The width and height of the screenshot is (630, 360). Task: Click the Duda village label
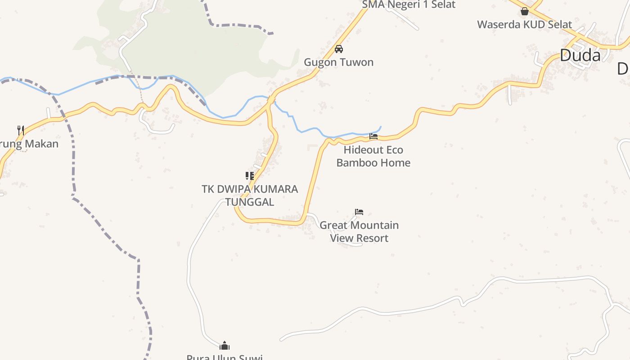(580, 55)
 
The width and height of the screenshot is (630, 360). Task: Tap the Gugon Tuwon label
(338, 62)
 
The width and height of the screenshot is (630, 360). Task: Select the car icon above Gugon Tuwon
(339, 49)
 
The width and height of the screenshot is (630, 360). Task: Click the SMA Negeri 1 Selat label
(409, 5)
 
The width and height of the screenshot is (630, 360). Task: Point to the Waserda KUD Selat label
(524, 24)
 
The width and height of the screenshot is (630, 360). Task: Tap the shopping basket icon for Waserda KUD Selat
(525, 11)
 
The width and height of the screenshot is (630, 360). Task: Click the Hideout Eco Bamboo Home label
(373, 156)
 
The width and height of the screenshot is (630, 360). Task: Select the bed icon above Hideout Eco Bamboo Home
(373, 136)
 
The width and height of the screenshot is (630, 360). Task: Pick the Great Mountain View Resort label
(359, 231)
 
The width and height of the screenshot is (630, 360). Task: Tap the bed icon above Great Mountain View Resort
(359, 211)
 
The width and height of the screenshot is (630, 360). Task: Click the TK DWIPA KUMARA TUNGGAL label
(250, 195)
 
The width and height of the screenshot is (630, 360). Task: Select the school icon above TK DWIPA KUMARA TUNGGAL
(250, 175)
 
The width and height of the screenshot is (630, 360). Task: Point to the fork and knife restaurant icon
(21, 130)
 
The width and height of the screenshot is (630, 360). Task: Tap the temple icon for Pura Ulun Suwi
(225, 346)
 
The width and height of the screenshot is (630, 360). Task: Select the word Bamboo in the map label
(356, 162)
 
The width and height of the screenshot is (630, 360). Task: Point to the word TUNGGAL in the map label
(250, 202)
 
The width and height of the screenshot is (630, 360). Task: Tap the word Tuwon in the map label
(357, 62)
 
